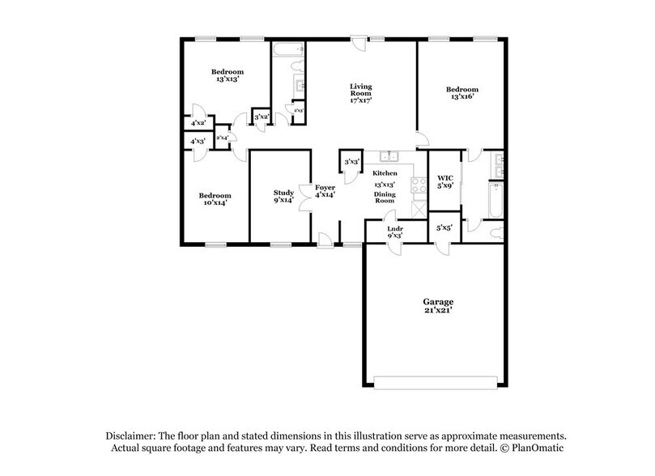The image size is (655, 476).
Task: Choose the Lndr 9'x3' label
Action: click(396, 232)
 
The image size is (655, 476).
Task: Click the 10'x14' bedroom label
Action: click(215, 199)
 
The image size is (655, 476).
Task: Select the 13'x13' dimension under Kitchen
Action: click(385, 185)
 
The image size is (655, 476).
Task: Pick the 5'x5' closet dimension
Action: click(444, 229)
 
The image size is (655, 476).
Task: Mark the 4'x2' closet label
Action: click(198, 123)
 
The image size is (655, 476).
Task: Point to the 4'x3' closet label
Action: click(198, 142)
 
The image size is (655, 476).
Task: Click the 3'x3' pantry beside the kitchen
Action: click(351, 162)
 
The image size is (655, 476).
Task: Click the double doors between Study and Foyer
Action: click(306, 196)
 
